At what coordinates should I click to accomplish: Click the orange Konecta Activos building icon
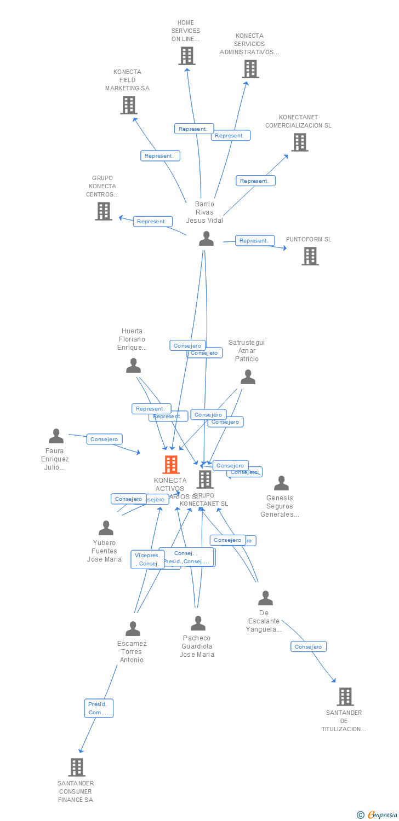point(171,465)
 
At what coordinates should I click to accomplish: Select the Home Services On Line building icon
point(187,56)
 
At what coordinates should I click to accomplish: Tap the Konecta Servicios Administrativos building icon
point(250,69)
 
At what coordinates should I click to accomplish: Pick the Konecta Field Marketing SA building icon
point(128,105)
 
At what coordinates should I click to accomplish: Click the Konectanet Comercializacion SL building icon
point(299,142)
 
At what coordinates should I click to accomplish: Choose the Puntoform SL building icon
point(310,256)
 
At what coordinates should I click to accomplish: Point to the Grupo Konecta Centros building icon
point(103,211)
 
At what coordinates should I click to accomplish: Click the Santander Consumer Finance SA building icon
point(77,767)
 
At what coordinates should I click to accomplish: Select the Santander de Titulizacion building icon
point(345,697)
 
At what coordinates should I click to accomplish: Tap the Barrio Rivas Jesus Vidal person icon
point(206,239)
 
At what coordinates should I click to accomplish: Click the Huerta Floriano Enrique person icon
point(133,366)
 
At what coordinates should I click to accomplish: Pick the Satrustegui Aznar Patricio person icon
point(248,377)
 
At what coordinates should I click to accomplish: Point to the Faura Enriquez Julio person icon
point(56,436)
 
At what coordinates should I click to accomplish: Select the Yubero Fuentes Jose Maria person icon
point(106,528)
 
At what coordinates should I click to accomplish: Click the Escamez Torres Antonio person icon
point(133,629)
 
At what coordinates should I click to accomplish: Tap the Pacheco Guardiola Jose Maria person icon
point(198,623)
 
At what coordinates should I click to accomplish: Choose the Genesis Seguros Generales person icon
point(281,483)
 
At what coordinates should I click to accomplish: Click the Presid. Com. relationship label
point(99,708)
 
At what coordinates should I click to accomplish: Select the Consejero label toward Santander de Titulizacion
point(308,646)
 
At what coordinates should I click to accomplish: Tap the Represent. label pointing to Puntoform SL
point(255,240)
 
